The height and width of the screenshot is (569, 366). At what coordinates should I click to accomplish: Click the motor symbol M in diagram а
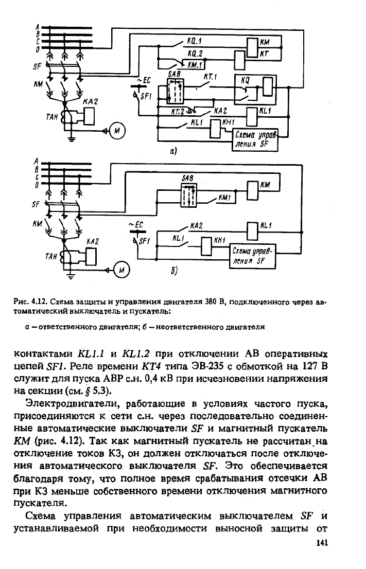(116, 131)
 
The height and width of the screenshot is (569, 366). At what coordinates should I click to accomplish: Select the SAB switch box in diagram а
(176, 90)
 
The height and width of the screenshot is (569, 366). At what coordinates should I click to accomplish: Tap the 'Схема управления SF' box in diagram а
(255, 140)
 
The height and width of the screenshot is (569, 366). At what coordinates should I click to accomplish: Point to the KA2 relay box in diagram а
(88, 116)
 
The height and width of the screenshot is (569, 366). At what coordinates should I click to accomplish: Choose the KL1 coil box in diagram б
(252, 228)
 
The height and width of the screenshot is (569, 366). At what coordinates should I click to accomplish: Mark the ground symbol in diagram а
(72, 137)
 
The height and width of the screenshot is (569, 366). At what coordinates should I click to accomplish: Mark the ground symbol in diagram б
(71, 276)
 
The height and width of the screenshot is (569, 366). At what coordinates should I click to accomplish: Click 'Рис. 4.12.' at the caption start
(30, 301)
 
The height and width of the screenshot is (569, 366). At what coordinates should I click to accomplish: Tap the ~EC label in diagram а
(144, 81)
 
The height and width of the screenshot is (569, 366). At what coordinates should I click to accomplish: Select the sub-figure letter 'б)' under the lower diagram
(175, 271)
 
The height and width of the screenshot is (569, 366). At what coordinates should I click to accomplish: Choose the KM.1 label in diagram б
(225, 198)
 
